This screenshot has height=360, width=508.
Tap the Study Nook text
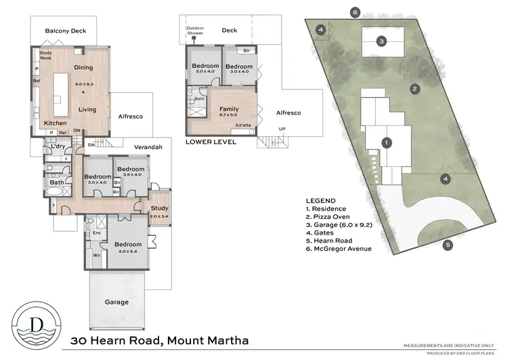point(45,56)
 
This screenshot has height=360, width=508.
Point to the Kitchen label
point(56,123)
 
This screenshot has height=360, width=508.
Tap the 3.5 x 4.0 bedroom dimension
point(131,175)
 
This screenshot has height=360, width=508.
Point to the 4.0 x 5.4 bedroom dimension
point(127,252)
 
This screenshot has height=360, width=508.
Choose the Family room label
point(230,109)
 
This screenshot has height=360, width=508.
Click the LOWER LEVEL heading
point(211,143)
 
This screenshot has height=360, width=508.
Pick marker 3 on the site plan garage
point(382,41)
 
